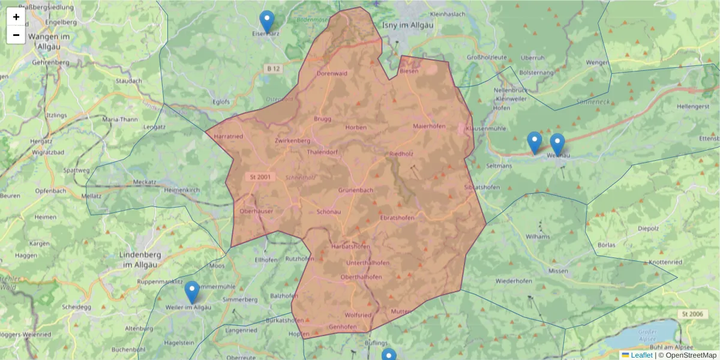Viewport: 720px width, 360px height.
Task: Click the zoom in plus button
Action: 16,17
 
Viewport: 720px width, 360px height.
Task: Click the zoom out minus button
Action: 16,35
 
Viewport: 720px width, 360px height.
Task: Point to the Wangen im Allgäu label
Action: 50,41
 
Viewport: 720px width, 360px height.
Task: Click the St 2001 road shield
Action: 259,178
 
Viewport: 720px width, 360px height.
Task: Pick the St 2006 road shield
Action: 692,314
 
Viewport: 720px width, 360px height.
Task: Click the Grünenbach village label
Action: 356,190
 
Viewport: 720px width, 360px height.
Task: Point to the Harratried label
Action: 228,137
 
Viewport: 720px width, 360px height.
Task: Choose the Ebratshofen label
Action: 397,218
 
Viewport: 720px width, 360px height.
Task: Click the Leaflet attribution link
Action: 641,355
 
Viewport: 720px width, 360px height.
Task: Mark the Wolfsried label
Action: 358,315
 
